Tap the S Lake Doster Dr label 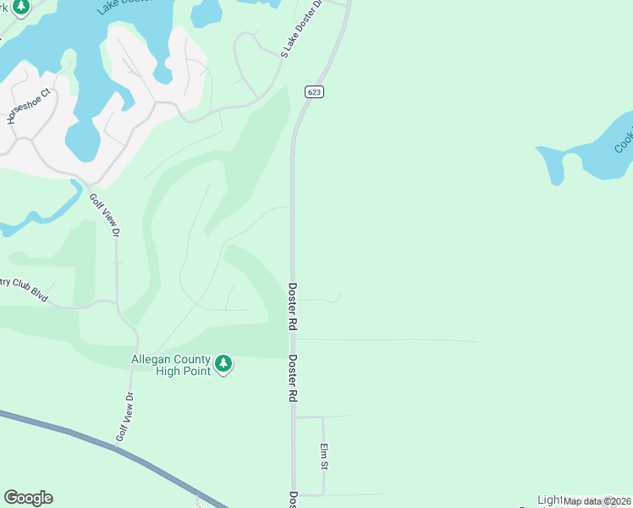point(302,29)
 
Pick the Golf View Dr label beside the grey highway point(124,417)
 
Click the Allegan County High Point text point(169,366)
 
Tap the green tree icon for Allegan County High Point point(223,364)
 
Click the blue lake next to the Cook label point(584,157)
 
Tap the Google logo point(28,498)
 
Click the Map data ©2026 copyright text point(597,501)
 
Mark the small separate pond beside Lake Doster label point(206,13)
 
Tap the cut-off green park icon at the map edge point(19,7)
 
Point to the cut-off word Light point(550,500)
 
